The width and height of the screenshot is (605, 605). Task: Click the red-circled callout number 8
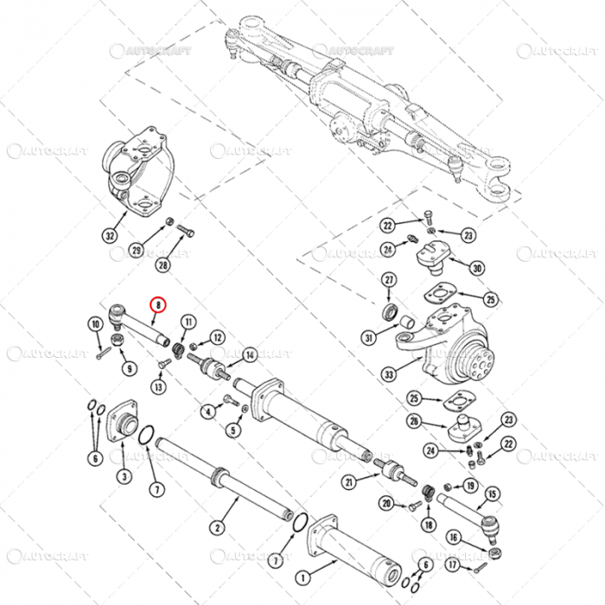coord(157,304)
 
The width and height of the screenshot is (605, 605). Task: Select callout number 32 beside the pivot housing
coord(109,235)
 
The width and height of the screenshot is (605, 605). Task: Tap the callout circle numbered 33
coord(389,374)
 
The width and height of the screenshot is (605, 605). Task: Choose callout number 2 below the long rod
coord(218,527)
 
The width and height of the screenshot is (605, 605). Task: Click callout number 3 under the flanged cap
coord(124,475)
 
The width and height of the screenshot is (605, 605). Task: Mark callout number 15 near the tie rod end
coord(493,494)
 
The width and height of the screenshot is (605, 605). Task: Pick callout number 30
coord(476,268)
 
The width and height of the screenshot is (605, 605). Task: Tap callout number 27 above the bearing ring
coord(389,280)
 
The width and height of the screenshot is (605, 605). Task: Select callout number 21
coord(348,481)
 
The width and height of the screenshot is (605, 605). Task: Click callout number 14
coord(249,354)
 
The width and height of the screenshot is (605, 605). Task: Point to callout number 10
coord(95,325)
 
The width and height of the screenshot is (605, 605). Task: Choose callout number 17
coord(453,565)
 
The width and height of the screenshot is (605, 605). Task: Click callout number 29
coord(136,251)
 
